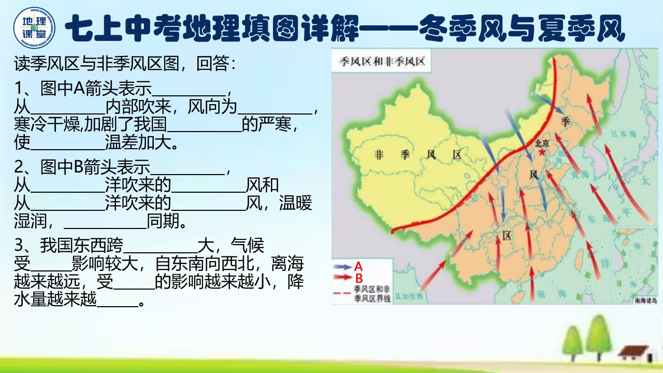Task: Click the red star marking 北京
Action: pyautogui.click(x=542, y=153)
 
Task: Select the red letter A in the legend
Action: pyautogui.click(x=358, y=267)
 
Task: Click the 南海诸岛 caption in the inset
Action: pyautogui.click(x=645, y=299)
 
